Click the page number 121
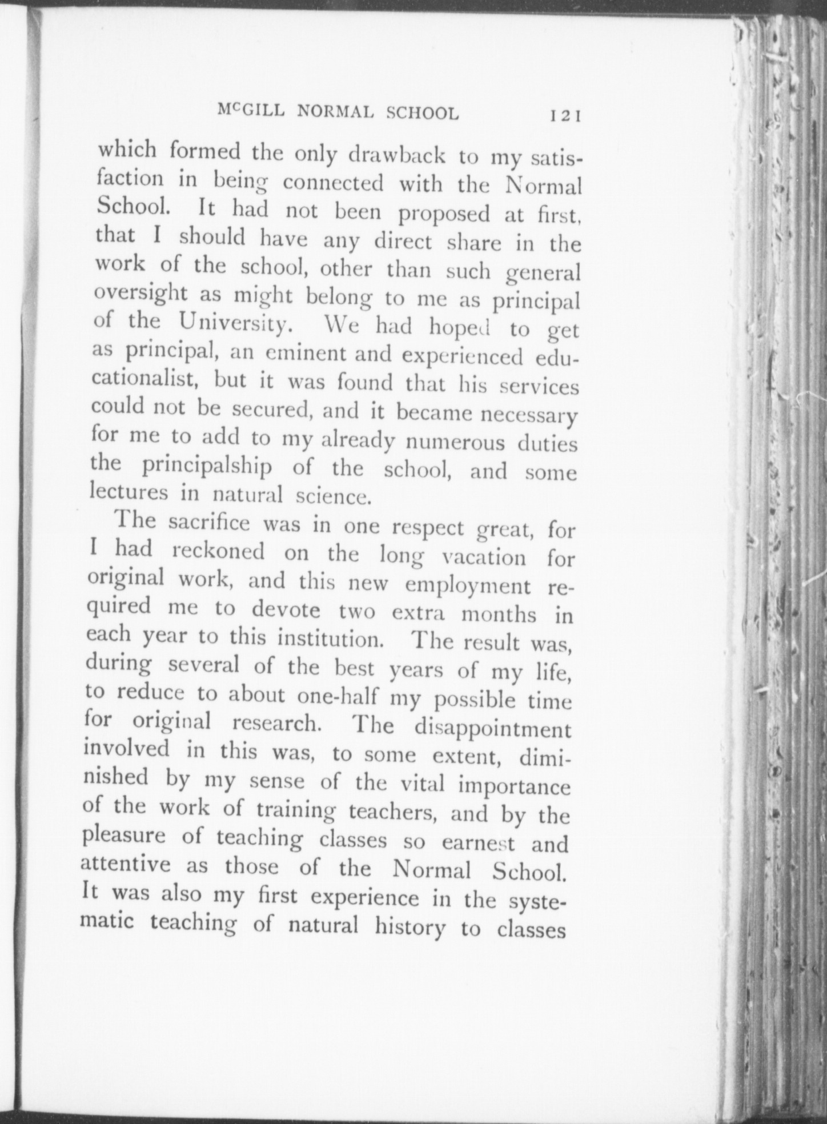point(564,116)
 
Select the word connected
point(334,183)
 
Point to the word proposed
point(444,214)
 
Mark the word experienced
point(462,356)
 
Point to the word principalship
point(207,467)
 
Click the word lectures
point(129,492)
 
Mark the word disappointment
point(492,728)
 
